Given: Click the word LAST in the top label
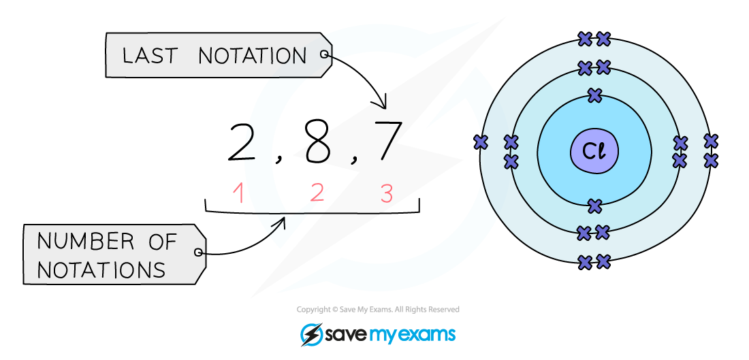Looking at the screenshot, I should pyautogui.click(x=150, y=56).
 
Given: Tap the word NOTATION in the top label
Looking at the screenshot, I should pyautogui.click(x=253, y=56).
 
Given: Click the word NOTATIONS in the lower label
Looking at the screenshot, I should pyautogui.click(x=101, y=270).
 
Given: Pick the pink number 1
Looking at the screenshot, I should pyautogui.click(x=238, y=194).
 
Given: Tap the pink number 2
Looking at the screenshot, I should pyautogui.click(x=317, y=193).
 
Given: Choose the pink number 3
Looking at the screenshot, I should pyautogui.click(x=386, y=194).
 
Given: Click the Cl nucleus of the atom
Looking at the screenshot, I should pyautogui.click(x=594, y=150).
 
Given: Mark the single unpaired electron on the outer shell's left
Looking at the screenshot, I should pyautogui.click(x=481, y=142).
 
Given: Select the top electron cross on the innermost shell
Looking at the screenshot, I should pyautogui.click(x=595, y=95).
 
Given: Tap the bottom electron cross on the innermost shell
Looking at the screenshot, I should pyautogui.click(x=594, y=205).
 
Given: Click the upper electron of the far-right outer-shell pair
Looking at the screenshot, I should pyautogui.click(x=711, y=141).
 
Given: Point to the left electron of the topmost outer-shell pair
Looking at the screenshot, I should pyautogui.click(x=585, y=39).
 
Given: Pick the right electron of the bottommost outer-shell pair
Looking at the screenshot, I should pyautogui.click(x=603, y=261).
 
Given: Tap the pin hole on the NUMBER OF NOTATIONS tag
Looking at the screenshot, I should pyautogui.click(x=197, y=252).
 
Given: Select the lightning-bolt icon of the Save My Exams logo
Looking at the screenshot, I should pyautogui.click(x=311, y=334).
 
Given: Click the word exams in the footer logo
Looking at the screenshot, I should pyautogui.click(x=432, y=335).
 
